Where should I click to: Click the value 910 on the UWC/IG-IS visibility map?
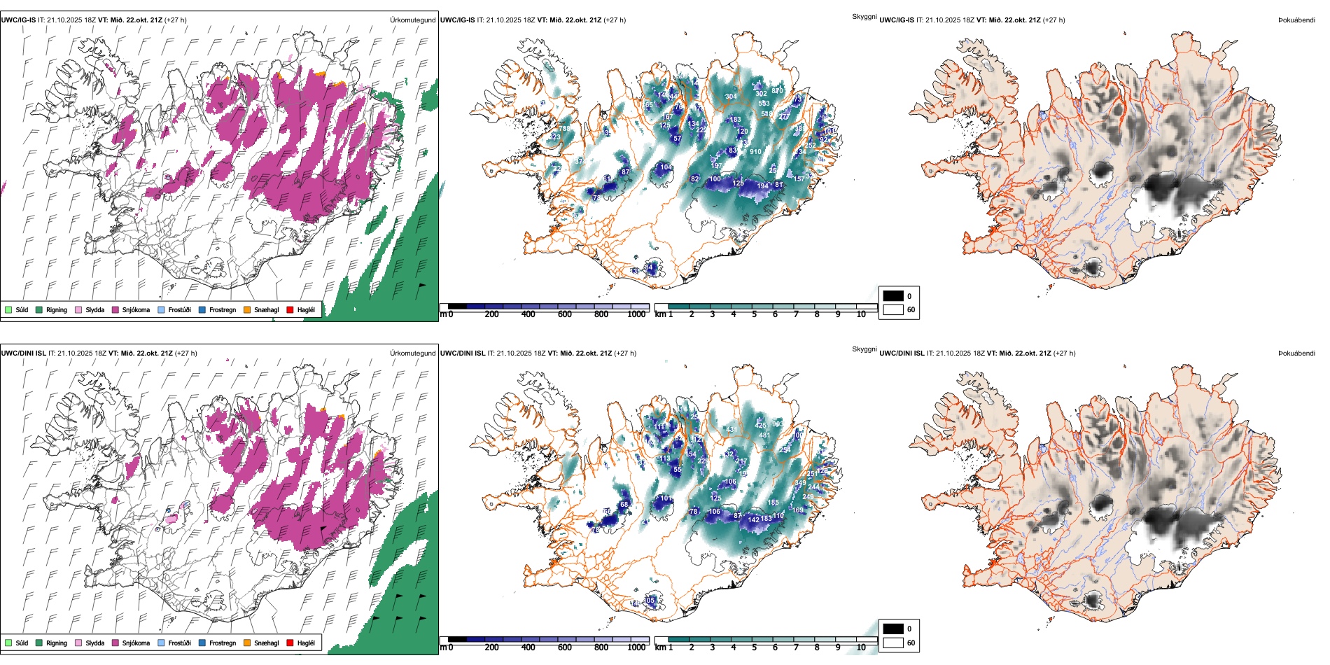point(755,151)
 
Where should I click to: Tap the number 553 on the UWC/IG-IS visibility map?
point(764,104)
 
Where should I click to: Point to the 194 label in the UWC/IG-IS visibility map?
point(762,186)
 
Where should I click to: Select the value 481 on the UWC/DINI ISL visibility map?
point(764,435)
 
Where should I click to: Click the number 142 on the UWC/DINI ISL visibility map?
point(753,519)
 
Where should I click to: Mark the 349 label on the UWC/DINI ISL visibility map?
point(800,484)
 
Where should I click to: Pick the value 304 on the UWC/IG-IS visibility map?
point(731,97)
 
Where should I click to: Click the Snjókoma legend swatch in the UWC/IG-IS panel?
point(115,309)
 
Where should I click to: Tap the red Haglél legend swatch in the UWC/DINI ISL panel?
point(290,643)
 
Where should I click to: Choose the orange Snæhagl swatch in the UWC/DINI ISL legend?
point(247,643)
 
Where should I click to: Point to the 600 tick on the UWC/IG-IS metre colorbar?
point(565,314)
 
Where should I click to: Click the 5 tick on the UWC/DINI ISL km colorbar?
point(754,647)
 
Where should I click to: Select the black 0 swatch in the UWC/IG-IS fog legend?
point(893,296)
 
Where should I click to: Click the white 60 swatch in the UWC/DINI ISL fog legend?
point(893,643)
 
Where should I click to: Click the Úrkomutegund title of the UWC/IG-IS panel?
point(412,20)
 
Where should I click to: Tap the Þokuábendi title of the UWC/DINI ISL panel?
point(1296,353)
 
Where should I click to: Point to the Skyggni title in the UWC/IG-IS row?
point(864,16)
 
